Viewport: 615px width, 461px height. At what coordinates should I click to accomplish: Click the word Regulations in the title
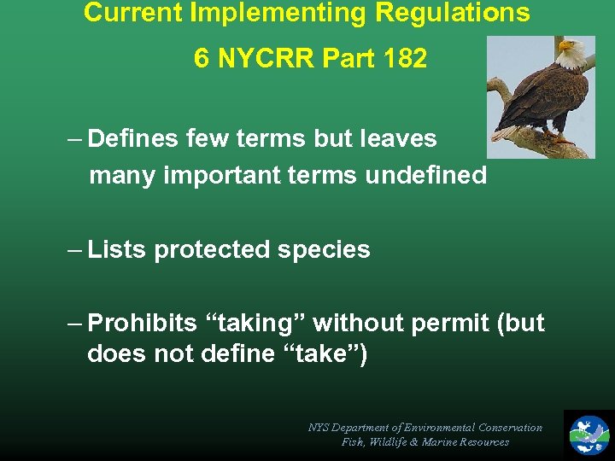point(458,14)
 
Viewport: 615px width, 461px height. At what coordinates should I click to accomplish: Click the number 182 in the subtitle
point(403,58)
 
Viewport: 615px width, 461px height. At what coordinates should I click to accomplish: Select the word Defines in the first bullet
point(133,138)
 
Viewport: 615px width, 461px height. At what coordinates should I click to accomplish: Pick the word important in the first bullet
point(203,175)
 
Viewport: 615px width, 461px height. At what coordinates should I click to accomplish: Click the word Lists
point(117,249)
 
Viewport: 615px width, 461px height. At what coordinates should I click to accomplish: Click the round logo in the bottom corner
point(589,434)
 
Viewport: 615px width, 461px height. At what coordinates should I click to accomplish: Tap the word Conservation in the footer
point(510,427)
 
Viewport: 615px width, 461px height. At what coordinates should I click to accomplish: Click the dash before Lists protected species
point(74,249)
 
